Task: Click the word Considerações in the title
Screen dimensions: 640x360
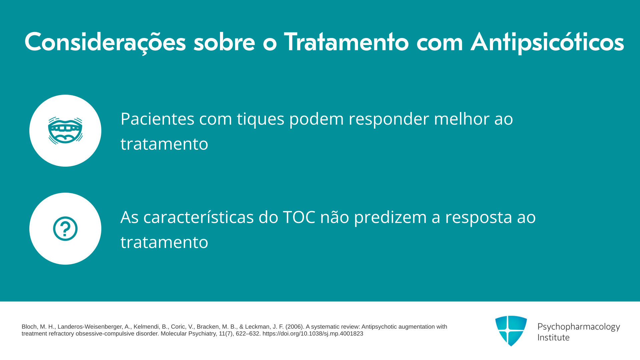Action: pos(105,42)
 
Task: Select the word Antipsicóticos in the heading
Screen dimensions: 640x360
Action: pos(547,42)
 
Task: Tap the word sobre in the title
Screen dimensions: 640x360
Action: pos(224,42)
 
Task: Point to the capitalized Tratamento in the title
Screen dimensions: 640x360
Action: pos(346,42)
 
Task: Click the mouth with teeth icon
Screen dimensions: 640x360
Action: pos(65,131)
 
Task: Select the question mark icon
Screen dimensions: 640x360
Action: pos(65,229)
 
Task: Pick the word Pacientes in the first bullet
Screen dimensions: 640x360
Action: pos(157,119)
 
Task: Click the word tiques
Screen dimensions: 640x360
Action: pos(261,119)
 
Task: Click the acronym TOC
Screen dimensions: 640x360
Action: pos(299,217)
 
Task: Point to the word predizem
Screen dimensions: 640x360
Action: pos(390,218)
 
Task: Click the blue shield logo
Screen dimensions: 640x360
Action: pos(511,331)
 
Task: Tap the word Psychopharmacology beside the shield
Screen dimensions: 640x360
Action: pos(579,327)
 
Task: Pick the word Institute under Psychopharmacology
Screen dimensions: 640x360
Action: pos(553,337)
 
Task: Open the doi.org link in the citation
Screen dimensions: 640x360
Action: pos(313,334)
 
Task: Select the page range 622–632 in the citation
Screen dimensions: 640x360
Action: pos(248,334)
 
